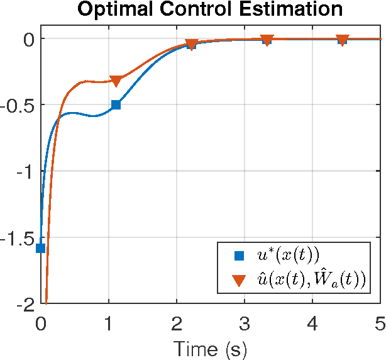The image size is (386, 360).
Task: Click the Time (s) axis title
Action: tap(210, 348)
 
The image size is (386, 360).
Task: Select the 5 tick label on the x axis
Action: tap(378, 324)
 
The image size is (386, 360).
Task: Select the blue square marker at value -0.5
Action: tap(116, 104)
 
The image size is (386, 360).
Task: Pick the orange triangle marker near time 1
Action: tap(116, 81)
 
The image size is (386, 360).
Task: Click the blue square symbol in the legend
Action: tap(239, 256)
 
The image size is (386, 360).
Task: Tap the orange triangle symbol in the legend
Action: tap(239, 280)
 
